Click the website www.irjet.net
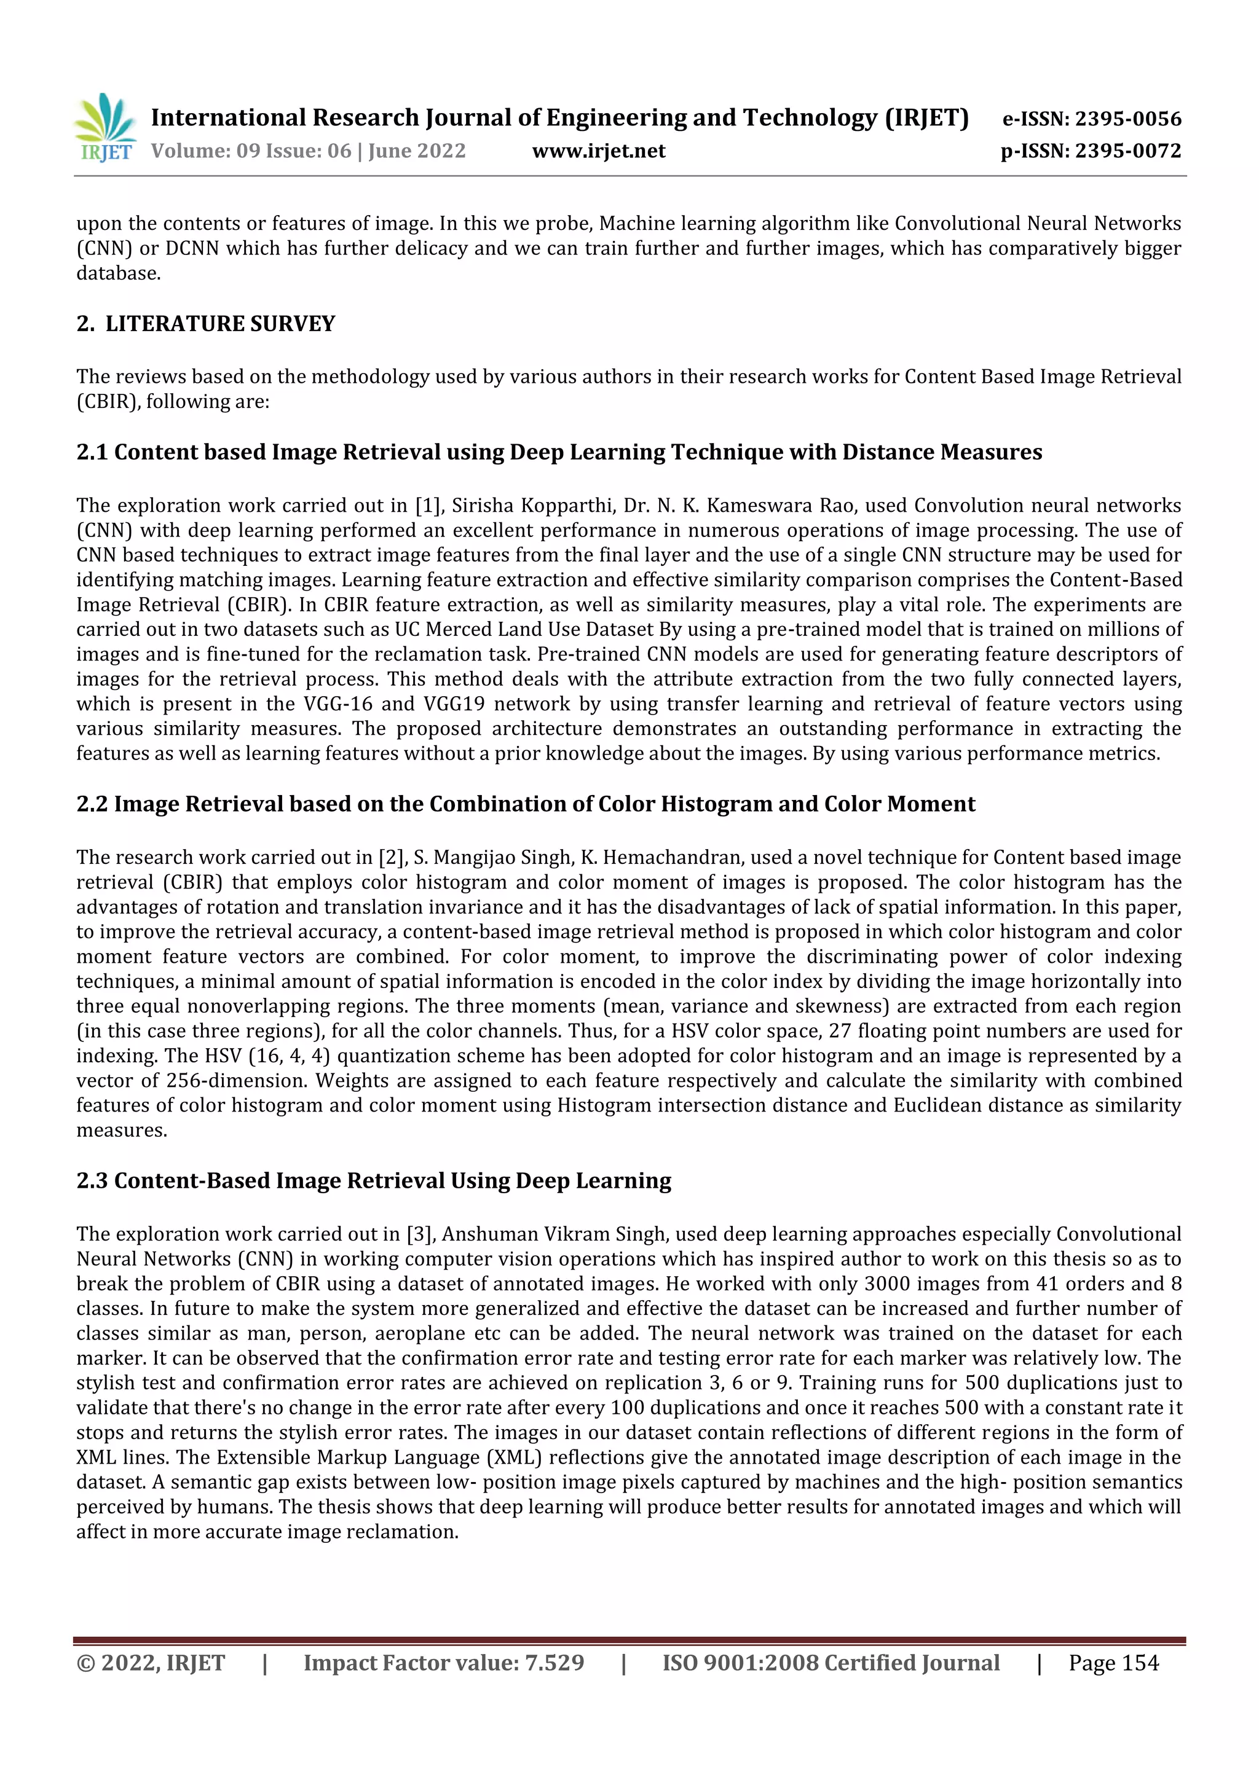(598, 151)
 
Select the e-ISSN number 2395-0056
(1128, 119)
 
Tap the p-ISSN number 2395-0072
(1128, 151)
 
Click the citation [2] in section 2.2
(391, 858)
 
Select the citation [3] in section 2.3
(420, 1235)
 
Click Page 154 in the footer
(1113, 1663)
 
